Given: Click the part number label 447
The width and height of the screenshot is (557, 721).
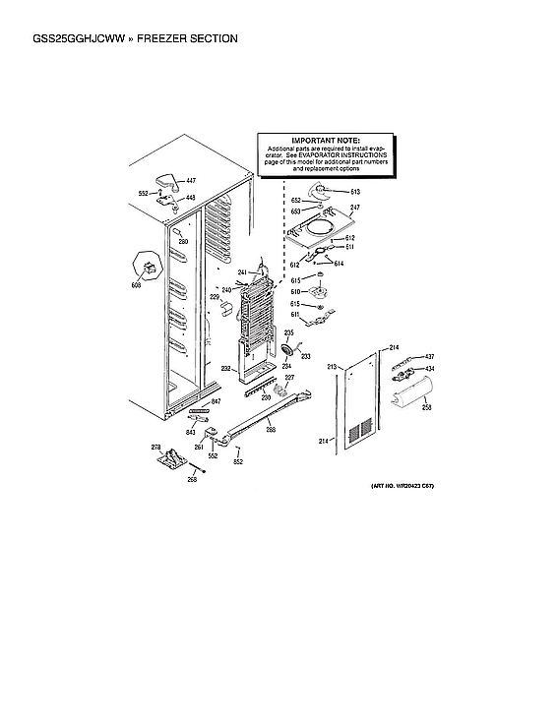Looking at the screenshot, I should click(191, 182).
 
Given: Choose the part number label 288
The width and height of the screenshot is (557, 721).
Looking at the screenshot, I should click(271, 430).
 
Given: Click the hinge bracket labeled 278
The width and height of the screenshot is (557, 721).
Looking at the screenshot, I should click(173, 457).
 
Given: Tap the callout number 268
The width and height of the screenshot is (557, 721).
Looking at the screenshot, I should click(193, 479).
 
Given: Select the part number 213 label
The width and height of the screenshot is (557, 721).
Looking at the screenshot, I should click(332, 367).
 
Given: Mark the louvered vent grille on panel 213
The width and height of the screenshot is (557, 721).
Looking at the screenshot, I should click(361, 430).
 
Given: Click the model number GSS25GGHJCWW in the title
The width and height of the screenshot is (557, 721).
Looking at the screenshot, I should click(65, 38).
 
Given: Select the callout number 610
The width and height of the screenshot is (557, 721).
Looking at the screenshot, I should click(294, 291).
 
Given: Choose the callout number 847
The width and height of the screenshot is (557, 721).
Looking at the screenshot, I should click(216, 403).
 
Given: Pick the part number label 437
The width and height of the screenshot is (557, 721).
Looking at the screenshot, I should click(429, 357).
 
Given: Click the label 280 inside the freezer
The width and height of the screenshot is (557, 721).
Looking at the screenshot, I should click(183, 241).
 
